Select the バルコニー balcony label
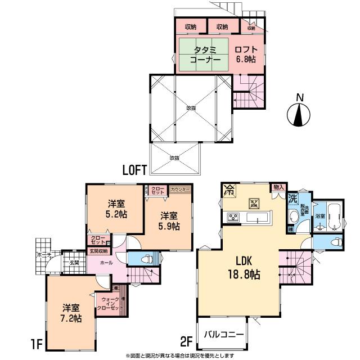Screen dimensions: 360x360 click(223, 334)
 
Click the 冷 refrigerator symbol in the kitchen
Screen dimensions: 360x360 click(229, 190)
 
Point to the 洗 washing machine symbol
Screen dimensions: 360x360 click(292, 198)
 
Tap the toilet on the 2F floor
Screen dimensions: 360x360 click(335, 242)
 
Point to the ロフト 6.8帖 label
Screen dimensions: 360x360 click(247, 55)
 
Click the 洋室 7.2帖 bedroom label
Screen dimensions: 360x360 click(71, 313)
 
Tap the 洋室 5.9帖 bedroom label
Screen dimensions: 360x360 click(169, 220)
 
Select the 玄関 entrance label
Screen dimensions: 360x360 click(74, 263)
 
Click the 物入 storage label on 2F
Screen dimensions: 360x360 click(278, 187)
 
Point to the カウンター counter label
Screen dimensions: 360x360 click(180, 190)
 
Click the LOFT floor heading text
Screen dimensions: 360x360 click(135, 168)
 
